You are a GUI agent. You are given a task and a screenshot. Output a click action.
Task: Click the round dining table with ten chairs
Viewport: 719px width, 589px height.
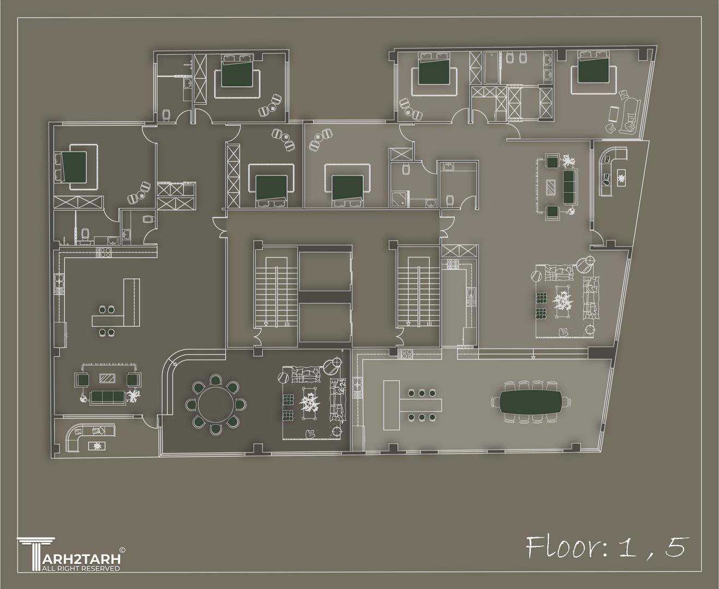pyautogui.click(x=216, y=405)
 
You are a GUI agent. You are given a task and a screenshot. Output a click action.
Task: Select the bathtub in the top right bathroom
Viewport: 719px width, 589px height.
pyautogui.click(x=492, y=68)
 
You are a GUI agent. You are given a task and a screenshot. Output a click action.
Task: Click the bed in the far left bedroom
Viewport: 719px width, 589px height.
pyautogui.click(x=70, y=167)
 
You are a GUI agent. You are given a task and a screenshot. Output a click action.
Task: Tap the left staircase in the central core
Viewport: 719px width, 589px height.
pyautogui.click(x=276, y=292)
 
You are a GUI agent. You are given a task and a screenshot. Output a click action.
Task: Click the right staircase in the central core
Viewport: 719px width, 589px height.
pyautogui.click(x=418, y=292)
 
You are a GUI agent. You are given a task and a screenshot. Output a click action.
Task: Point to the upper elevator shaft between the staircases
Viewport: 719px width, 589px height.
pyautogui.click(x=325, y=272)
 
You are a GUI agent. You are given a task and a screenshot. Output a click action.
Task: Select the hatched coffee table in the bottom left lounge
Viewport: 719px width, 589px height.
pyautogui.click(x=107, y=378)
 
